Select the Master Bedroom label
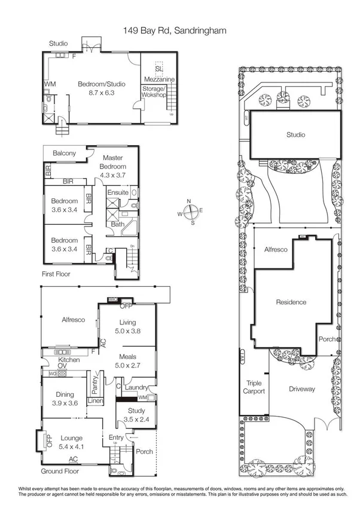tap(112, 163)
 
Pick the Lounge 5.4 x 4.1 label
tap(71, 442)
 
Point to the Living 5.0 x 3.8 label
tap(128, 326)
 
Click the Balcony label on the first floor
tap(64, 154)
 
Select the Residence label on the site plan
tap(291, 302)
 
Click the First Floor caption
tap(57, 274)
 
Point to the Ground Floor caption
tap(60, 471)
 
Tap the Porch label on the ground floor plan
tap(145, 451)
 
